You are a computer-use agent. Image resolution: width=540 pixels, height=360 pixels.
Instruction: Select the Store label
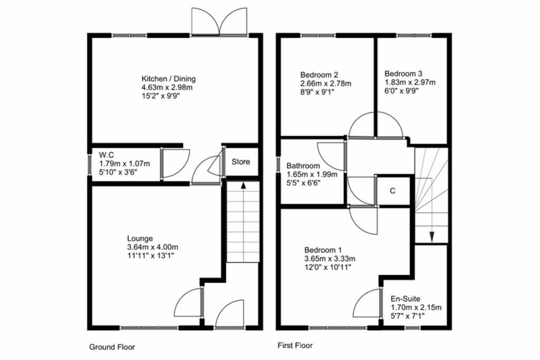point(241,162)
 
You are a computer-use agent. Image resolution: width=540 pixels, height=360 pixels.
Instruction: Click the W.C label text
point(107,155)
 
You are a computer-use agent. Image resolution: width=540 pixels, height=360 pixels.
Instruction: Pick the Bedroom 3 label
point(403,74)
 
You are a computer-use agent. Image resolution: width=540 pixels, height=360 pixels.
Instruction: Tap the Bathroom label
point(303,166)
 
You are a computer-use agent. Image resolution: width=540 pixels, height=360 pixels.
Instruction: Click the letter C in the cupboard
point(392,191)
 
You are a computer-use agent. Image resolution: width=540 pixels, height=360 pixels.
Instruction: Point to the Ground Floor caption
point(112,347)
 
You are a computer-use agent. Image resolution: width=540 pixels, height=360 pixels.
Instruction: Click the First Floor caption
point(295,346)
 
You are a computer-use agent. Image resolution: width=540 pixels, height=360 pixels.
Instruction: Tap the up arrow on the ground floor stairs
point(243,186)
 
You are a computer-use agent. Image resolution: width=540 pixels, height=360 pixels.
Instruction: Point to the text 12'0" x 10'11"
point(327,267)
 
